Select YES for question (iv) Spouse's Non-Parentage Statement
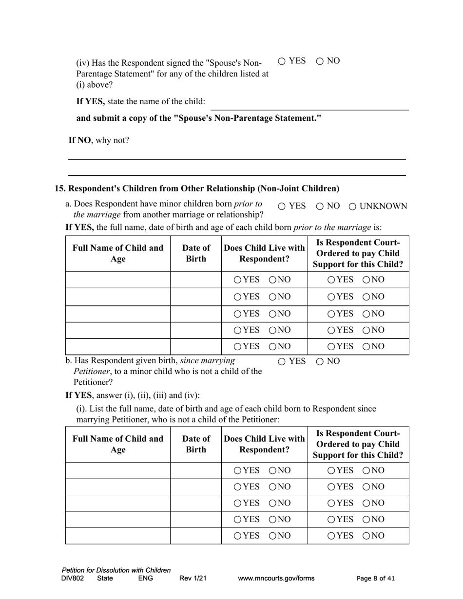[282, 61]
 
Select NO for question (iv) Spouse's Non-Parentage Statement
[320, 61]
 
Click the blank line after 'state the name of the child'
[309, 104]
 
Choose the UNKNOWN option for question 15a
[353, 206]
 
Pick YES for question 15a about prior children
[282, 206]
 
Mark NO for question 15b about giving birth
[320, 361]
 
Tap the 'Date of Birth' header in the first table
[196, 253]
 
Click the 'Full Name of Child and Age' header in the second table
[118, 444]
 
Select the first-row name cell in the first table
[118, 280]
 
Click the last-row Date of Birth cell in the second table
[196, 536]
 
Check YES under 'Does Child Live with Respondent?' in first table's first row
[237, 280]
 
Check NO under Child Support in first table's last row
[367, 346]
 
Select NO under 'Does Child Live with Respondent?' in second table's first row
[273, 470]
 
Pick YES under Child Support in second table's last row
[331, 536]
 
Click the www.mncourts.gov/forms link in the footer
[276, 579]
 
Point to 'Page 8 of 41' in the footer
[376, 579]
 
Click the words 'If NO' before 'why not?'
[79, 140]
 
